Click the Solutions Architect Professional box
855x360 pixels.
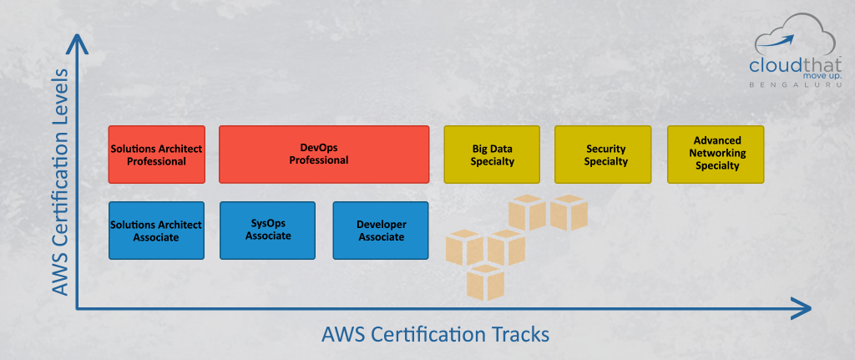(x=156, y=155)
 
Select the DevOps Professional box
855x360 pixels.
(x=324, y=155)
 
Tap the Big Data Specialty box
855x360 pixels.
(x=492, y=155)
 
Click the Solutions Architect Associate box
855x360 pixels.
(x=156, y=231)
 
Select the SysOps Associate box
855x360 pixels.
(x=268, y=231)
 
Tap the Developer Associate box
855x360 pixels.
(x=381, y=231)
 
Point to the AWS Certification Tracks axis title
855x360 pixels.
(x=435, y=334)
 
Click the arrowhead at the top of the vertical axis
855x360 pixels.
(x=77, y=42)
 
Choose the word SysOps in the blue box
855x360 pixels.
(x=268, y=223)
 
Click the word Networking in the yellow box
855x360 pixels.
(x=717, y=154)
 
